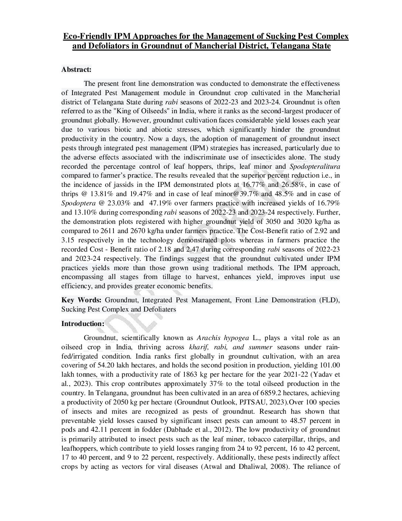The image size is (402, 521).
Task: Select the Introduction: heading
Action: [83, 324]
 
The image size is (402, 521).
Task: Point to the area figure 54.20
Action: [106, 366]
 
